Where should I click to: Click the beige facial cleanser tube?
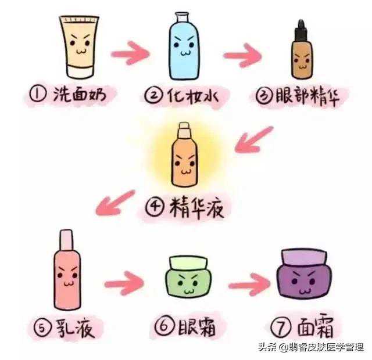coord(79,47)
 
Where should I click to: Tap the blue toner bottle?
coord(184,46)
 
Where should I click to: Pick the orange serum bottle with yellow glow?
coord(184,154)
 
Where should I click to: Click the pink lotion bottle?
coord(67,269)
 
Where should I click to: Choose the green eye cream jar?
coord(188,277)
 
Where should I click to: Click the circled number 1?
coord(37,94)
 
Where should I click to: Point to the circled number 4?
coord(155,207)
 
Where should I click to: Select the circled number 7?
coord(281,327)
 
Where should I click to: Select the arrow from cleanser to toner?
coord(130,53)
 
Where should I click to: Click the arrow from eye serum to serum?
coord(253,140)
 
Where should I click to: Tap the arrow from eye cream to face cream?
coord(249,285)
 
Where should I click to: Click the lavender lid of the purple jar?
coord(304,257)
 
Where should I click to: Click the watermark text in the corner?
coord(311,347)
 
